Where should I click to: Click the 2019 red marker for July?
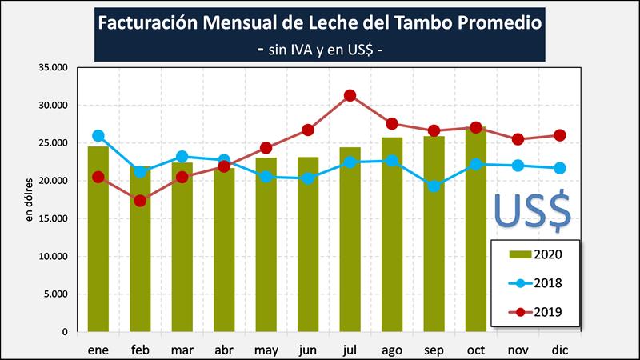pos(350,96)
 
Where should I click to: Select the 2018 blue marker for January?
pos(98,136)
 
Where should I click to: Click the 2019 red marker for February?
pos(140,201)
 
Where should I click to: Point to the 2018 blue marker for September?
pos(434,186)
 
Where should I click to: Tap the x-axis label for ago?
pos(391,350)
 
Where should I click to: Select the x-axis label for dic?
pos(558,350)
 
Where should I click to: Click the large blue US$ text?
pos(532,210)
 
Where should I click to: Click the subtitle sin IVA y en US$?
pos(319,48)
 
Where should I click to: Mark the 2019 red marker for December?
pos(559,135)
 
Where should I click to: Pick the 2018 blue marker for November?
pos(518,166)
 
